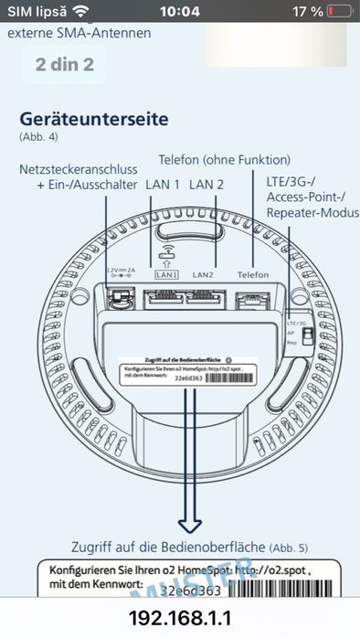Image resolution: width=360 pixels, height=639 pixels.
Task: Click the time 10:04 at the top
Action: tap(179, 11)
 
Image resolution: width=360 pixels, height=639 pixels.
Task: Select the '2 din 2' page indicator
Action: tap(66, 65)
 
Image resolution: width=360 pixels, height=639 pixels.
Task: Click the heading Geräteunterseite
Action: tap(94, 120)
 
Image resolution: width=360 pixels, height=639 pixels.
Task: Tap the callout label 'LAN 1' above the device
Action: tap(163, 185)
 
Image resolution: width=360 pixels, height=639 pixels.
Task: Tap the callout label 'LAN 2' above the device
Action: tap(206, 185)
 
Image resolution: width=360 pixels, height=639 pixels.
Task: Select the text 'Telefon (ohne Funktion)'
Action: tap(224, 159)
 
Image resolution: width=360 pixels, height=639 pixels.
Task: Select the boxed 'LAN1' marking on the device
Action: tap(165, 274)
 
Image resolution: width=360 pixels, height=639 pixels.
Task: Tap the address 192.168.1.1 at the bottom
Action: tap(180, 618)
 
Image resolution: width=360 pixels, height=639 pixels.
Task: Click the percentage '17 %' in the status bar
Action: tap(304, 11)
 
